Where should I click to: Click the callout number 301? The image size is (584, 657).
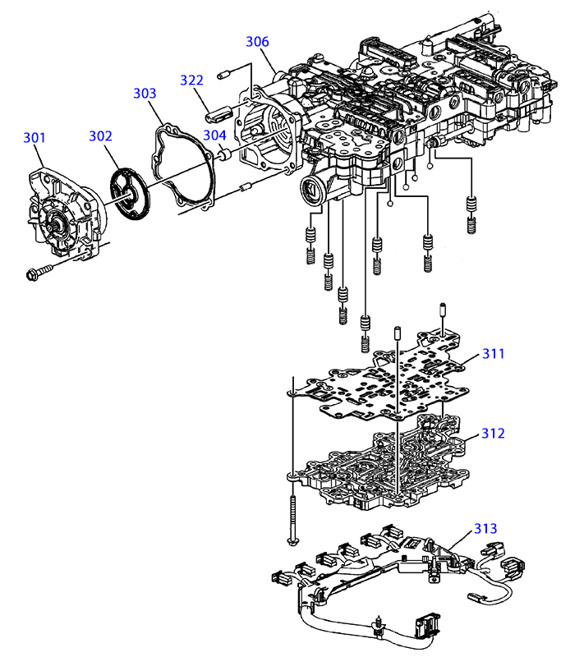[34, 137]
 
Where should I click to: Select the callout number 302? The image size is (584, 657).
[100, 136]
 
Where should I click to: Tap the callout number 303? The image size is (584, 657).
[145, 93]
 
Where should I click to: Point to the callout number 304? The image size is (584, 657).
[215, 136]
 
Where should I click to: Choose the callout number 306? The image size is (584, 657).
[257, 42]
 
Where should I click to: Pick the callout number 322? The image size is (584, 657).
[192, 80]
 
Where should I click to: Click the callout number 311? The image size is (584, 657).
[494, 354]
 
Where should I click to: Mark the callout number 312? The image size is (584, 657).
[493, 434]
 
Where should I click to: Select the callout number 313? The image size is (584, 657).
[485, 528]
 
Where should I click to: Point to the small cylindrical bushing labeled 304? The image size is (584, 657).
[227, 155]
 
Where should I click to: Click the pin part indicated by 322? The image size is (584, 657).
[218, 114]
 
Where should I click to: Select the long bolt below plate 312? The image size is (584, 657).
[292, 520]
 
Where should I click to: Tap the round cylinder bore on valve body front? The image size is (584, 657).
[311, 192]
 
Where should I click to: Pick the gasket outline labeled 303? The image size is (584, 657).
[182, 167]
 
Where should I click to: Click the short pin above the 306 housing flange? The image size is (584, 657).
[224, 76]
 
